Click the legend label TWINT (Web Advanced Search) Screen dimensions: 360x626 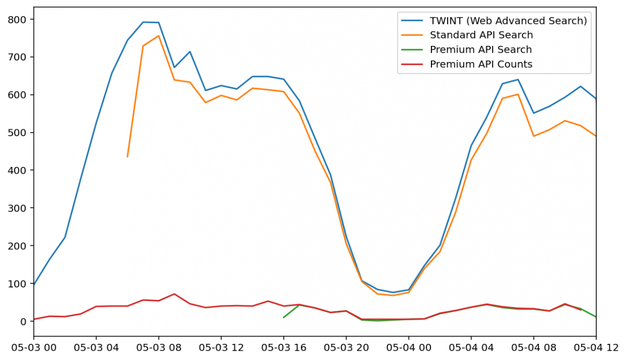click(508, 21)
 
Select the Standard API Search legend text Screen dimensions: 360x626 click(481, 35)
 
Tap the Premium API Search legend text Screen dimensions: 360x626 click(480, 50)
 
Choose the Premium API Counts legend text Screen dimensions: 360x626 click(481, 65)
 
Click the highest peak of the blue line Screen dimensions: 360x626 click(143, 22)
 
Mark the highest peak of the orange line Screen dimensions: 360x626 click(159, 35)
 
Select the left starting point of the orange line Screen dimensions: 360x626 click(127, 157)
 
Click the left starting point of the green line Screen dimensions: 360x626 click(283, 317)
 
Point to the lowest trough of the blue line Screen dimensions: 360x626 click(393, 293)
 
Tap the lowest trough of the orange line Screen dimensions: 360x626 click(393, 296)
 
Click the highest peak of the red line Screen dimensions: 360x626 click(174, 294)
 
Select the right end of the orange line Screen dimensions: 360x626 click(595, 136)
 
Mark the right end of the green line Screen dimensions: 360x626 click(595, 317)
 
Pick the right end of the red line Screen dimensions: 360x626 click(581, 310)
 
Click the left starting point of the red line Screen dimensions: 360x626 click(34, 319)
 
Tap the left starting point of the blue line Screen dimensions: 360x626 click(34, 285)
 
